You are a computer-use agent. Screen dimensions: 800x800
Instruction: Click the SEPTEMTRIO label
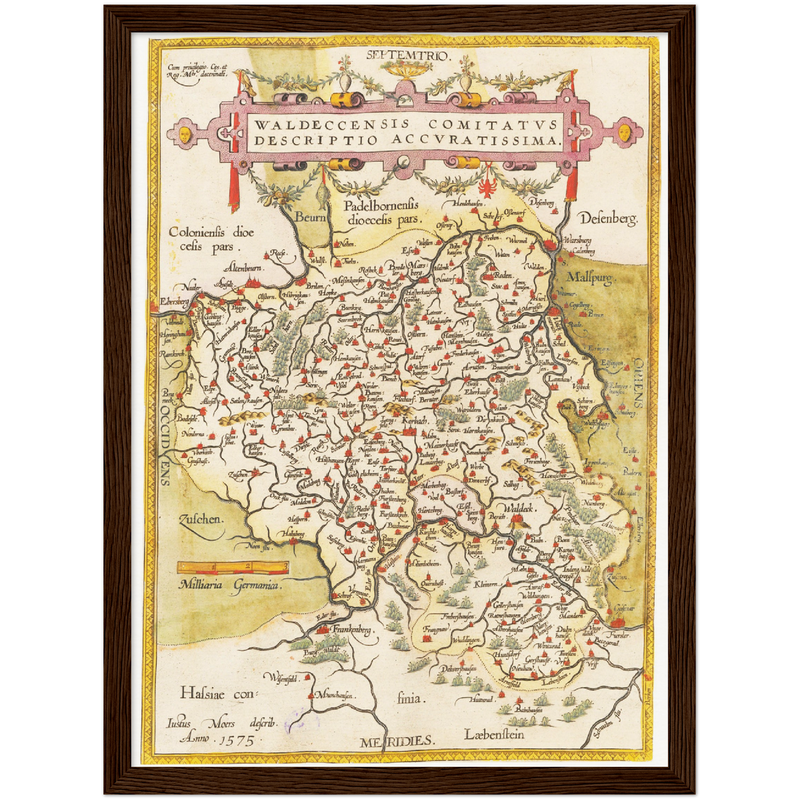coord(410,54)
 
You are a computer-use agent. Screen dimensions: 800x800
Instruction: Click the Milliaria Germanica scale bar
coord(233,566)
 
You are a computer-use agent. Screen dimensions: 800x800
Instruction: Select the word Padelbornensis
coord(381,207)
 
